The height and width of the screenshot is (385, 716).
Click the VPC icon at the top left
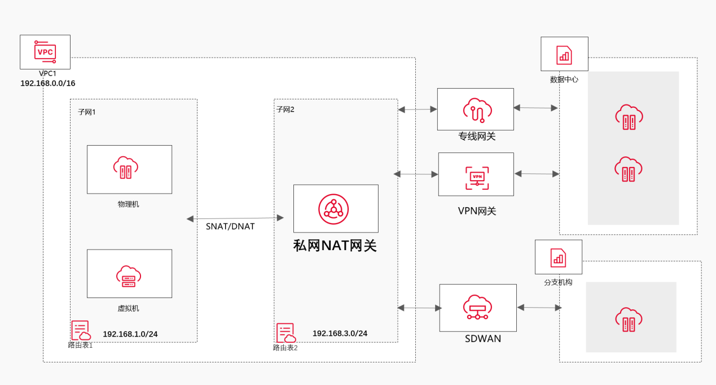pyautogui.click(x=45, y=52)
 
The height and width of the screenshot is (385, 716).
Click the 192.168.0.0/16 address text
pyautogui.click(x=48, y=83)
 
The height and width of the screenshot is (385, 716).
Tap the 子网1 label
pyautogui.click(x=87, y=112)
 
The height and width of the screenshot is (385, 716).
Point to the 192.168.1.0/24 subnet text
pyautogui.click(x=130, y=334)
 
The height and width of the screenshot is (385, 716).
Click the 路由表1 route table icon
pyautogui.click(x=81, y=331)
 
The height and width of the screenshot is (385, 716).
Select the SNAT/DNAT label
pyautogui.click(x=230, y=226)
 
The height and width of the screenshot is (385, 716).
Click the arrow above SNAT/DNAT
pyautogui.click(x=235, y=218)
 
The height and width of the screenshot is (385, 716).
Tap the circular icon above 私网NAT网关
pyautogui.click(x=333, y=209)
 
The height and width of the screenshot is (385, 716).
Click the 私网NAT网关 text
pyautogui.click(x=335, y=246)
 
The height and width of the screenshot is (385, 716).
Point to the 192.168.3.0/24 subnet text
pyautogui.click(x=340, y=334)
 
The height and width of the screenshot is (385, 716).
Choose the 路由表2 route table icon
pyautogui.click(x=286, y=333)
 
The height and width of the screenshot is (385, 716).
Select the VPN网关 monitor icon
pyautogui.click(x=477, y=177)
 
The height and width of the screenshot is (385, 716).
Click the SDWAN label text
pyautogui.click(x=483, y=339)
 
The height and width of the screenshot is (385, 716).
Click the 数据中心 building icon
pyautogui.click(x=564, y=55)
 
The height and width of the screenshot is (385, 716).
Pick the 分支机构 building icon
pyautogui.click(x=558, y=257)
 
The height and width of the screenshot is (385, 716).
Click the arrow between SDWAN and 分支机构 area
pyautogui.click(x=539, y=308)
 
